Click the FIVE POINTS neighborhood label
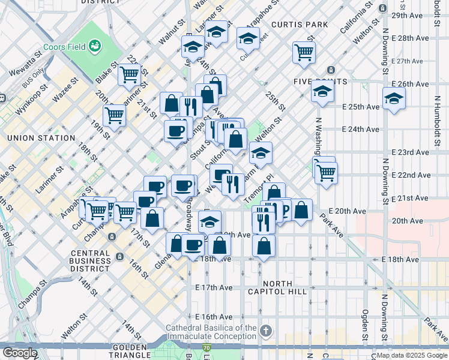point(321,81)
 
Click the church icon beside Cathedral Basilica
point(267,331)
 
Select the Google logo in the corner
point(20,353)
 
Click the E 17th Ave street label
point(214,287)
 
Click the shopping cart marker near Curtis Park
point(304,52)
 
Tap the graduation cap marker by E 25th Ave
point(394,100)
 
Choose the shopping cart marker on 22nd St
point(130,74)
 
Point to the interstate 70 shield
point(207,347)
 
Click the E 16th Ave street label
point(214,316)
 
